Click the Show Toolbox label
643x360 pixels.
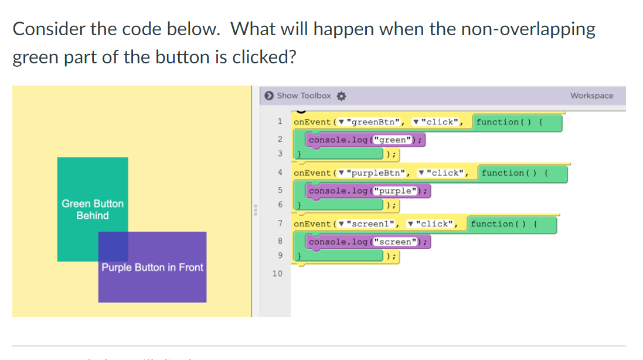point(304,96)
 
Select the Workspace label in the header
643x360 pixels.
point(591,96)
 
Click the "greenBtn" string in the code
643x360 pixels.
point(375,122)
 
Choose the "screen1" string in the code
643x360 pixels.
point(372,224)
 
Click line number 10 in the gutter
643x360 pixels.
point(277,274)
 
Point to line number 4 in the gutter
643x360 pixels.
point(280,173)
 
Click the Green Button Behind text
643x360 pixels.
point(93,209)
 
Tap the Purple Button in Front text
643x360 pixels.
point(152,267)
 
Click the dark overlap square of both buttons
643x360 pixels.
point(113,246)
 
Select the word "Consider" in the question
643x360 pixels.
point(48,29)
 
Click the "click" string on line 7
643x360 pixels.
point(434,224)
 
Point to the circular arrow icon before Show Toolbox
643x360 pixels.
point(268,96)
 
